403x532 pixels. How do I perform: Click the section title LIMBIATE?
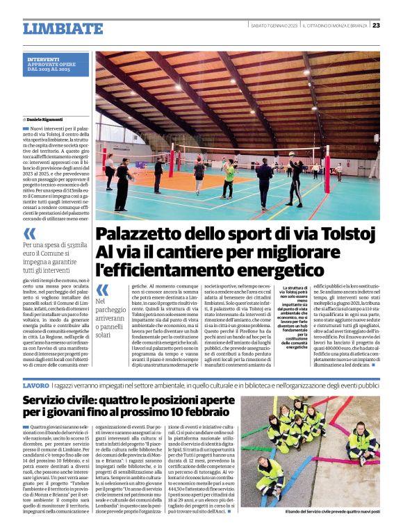click(x=62, y=28)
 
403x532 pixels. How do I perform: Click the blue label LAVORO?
click(x=35, y=385)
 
